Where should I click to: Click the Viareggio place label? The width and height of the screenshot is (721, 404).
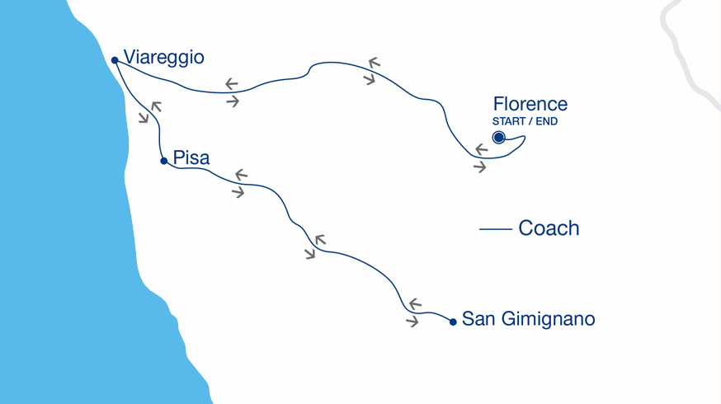click(x=163, y=58)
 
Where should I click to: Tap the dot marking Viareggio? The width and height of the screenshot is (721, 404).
click(x=115, y=60)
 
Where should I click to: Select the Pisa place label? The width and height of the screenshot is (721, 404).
click(x=191, y=158)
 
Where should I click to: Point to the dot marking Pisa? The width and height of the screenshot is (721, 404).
click(x=164, y=161)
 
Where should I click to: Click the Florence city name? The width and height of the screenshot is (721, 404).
click(x=530, y=104)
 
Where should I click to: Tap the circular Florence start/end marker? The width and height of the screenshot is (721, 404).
click(x=499, y=138)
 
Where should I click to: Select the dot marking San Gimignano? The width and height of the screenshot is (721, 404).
click(x=453, y=322)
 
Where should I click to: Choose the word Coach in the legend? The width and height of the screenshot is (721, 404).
click(x=549, y=228)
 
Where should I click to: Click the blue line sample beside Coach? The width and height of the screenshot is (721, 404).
click(x=495, y=229)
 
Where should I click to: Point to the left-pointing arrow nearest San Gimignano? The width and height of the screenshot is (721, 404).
click(x=415, y=303)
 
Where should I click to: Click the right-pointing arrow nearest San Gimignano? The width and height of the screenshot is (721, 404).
click(x=412, y=322)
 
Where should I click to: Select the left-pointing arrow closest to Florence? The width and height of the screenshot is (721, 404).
click(x=481, y=150)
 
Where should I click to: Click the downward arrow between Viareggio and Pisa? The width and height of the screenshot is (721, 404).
click(x=144, y=118)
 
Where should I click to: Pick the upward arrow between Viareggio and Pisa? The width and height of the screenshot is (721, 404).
click(x=156, y=106)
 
